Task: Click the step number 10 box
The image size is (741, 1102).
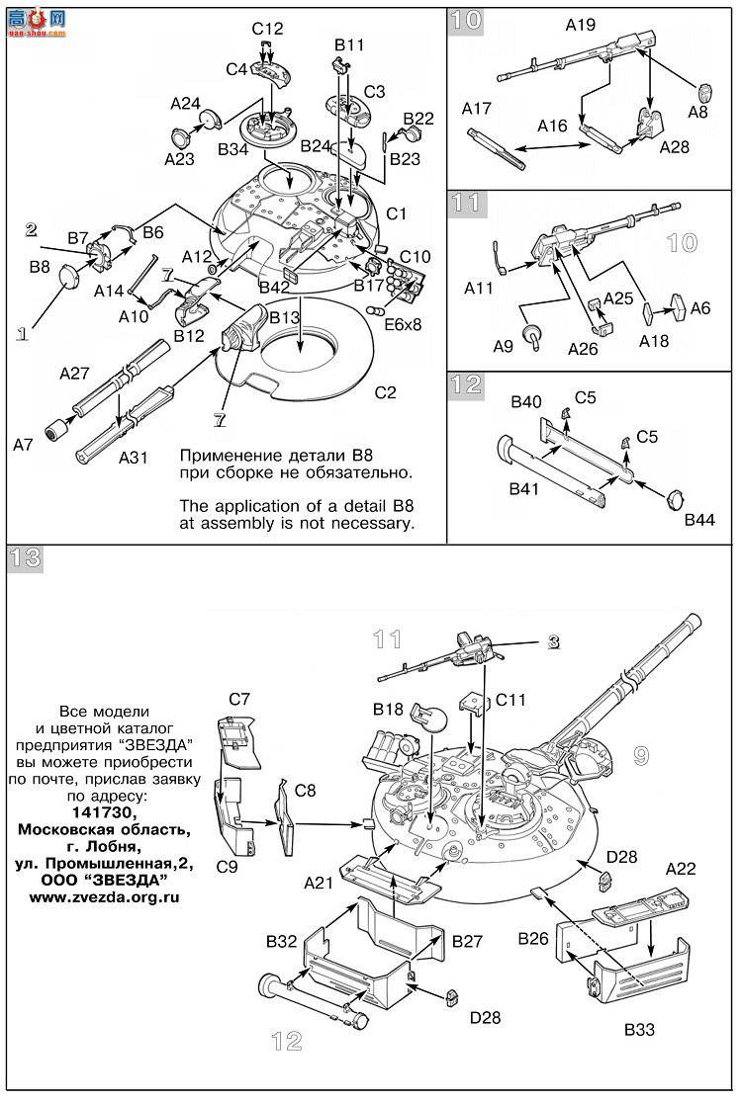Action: click(466, 21)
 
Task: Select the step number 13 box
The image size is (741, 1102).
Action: click(26, 558)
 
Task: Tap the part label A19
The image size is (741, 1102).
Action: click(580, 26)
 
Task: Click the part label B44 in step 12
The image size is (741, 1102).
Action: click(699, 520)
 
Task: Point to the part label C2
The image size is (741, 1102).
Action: click(385, 392)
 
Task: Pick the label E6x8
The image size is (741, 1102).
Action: click(403, 324)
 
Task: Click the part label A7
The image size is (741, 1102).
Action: click(23, 444)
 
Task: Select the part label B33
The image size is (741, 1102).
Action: click(639, 1030)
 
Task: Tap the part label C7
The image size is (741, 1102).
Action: click(239, 700)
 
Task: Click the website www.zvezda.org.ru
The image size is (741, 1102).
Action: click(104, 897)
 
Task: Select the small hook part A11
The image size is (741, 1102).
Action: click(501, 258)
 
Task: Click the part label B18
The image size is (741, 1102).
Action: click(388, 710)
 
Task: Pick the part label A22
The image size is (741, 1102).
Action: click(681, 869)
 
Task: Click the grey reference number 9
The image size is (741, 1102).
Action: click(640, 755)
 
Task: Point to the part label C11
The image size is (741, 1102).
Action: click(510, 700)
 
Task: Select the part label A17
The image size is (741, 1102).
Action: click(476, 109)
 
